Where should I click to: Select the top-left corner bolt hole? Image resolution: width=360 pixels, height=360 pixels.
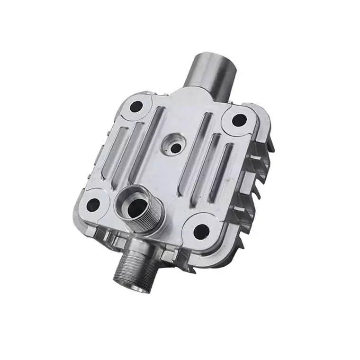click(x=136, y=107)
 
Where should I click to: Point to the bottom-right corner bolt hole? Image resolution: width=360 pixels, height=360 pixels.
click(x=201, y=231)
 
